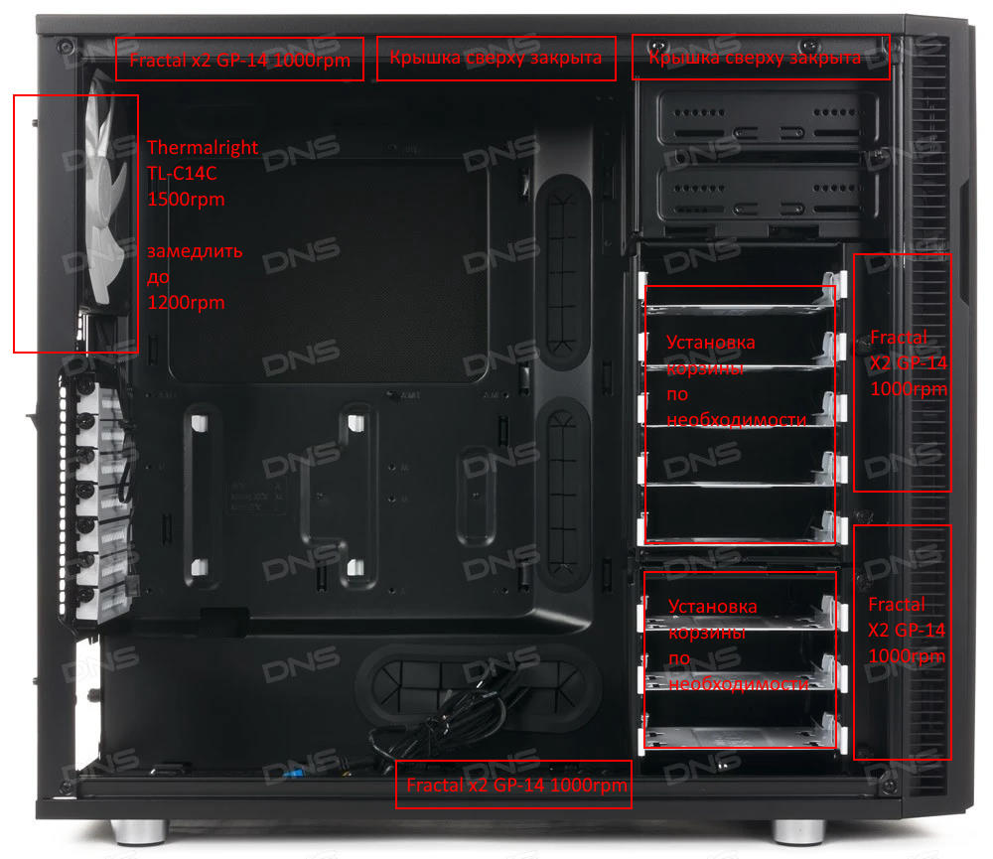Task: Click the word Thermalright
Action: [x=203, y=148]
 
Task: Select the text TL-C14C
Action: [x=182, y=174]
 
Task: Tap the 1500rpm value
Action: [x=186, y=200]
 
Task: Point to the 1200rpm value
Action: [x=186, y=303]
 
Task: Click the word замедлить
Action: [x=195, y=251]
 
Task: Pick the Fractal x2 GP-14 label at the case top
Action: [x=239, y=61]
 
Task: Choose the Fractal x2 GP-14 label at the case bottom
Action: [x=516, y=786]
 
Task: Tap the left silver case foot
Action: [x=139, y=831]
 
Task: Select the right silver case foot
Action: [x=798, y=831]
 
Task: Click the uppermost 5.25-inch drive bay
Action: [x=767, y=118]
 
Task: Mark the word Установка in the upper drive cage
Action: [x=711, y=343]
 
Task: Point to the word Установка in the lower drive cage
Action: [x=712, y=607]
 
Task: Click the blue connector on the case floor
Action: [x=292, y=774]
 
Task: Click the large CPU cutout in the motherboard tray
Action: [x=330, y=269]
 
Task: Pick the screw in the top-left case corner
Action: [x=65, y=47]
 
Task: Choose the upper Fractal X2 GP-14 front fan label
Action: [x=909, y=363]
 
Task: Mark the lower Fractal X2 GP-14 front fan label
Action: [x=907, y=631]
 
